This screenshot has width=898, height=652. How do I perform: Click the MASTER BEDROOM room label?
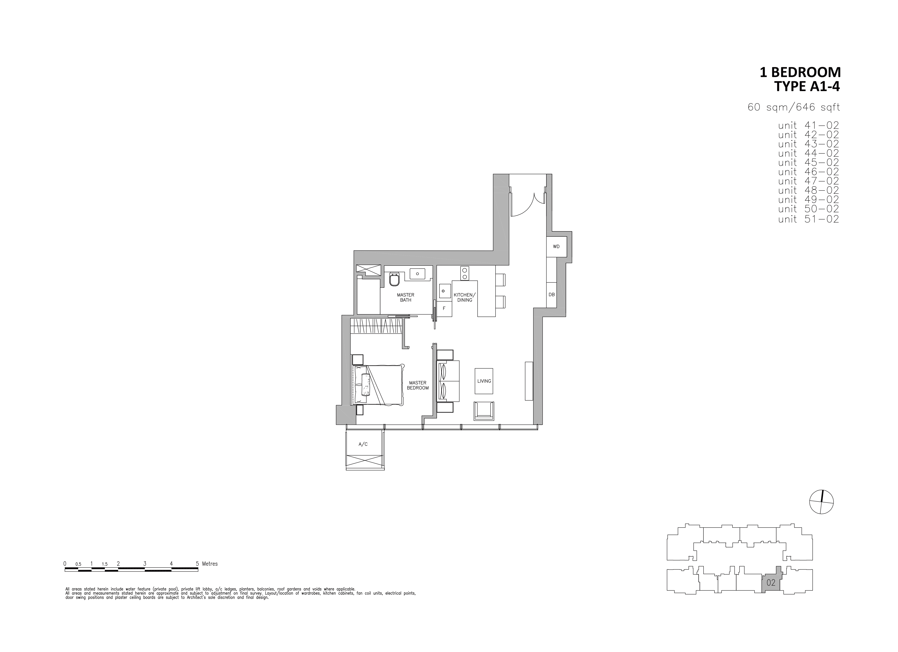418,385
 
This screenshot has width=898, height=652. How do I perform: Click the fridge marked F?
444,308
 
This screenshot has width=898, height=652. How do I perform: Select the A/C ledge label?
363,444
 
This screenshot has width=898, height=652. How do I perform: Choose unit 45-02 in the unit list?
808,162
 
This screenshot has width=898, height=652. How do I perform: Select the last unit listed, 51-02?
808,219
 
